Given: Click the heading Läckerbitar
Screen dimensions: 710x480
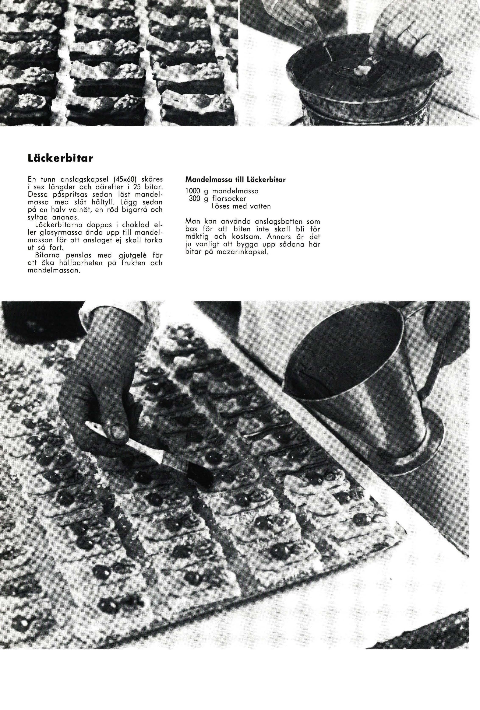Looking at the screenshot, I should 60,159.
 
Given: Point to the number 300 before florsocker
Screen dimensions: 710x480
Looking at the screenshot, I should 194,199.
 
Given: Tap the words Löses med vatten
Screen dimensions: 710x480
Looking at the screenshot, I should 241,206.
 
